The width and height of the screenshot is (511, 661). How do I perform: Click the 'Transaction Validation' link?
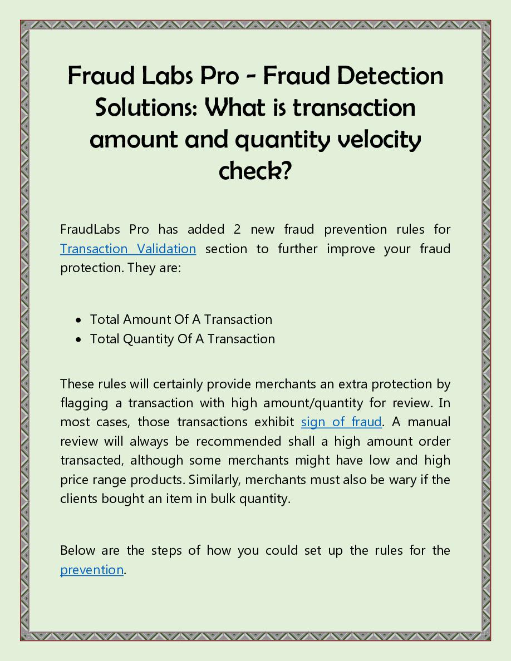[128, 249]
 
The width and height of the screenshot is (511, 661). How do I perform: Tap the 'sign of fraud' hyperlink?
[341, 422]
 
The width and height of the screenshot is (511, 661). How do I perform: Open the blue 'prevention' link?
[92, 570]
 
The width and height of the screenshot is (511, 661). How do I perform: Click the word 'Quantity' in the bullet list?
[149, 339]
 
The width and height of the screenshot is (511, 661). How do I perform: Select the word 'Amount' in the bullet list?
[145, 319]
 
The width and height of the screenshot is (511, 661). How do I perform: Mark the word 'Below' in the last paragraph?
[77, 550]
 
